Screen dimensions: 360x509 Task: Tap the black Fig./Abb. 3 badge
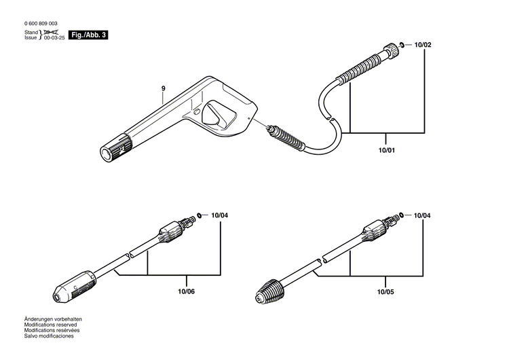[89, 34]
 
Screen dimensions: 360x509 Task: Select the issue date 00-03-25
[56, 38]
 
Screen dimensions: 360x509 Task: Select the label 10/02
[422, 45]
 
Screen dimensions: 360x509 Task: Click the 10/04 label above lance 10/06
[219, 215]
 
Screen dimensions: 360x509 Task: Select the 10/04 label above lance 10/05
[421, 215]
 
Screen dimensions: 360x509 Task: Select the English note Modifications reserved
[50, 325]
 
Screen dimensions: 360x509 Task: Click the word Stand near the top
[31, 33]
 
